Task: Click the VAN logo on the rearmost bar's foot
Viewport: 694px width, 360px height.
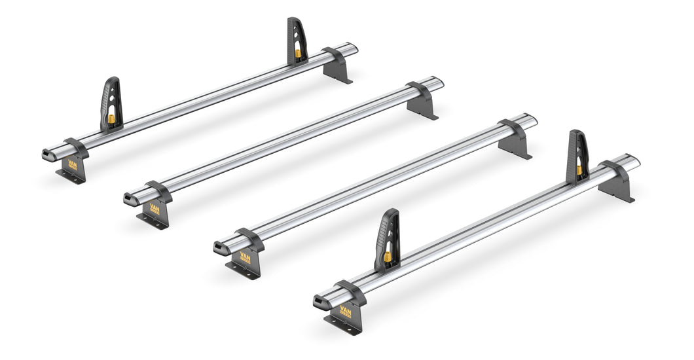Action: pos(72,166)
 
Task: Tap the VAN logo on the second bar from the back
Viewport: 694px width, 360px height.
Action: pos(155,209)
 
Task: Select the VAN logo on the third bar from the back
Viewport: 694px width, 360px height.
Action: pos(245,256)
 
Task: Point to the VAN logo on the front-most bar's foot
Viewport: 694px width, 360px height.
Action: pos(345,311)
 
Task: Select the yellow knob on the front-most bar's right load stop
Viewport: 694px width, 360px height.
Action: pos(579,170)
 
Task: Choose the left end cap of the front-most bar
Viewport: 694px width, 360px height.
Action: pos(320,300)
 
